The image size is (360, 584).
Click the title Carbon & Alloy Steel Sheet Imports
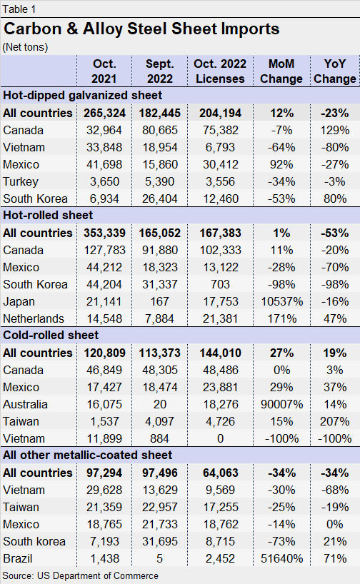(141, 29)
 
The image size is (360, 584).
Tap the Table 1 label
(20, 9)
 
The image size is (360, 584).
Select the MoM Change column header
(281, 71)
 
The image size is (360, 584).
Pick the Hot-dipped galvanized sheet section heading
(83, 95)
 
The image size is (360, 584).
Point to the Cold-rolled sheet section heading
(51, 335)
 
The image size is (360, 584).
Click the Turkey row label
(21, 181)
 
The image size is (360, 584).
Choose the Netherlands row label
(34, 318)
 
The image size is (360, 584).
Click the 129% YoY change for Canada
(334, 130)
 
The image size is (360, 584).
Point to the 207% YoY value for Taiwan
(334, 421)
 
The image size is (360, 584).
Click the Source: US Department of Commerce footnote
(80, 575)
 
